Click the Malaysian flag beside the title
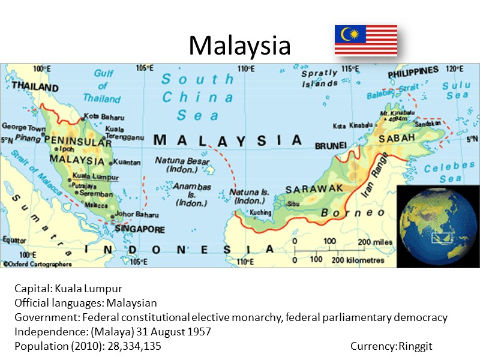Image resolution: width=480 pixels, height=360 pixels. pyautogui.click(x=366, y=40)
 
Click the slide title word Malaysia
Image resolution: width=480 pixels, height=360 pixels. pyautogui.click(x=239, y=45)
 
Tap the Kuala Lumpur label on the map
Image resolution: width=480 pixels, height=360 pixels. pyautogui.click(x=95, y=176)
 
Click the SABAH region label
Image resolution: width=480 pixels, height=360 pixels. pyautogui.click(x=396, y=139)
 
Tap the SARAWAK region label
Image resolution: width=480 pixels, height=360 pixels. pyautogui.click(x=314, y=189)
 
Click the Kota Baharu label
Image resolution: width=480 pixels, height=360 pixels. pyautogui.click(x=104, y=116)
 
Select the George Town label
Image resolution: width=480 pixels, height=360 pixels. pyautogui.click(x=23, y=127)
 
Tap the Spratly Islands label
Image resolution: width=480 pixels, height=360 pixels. pyautogui.click(x=319, y=78)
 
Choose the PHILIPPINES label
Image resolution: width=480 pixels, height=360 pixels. pyautogui.click(x=413, y=71)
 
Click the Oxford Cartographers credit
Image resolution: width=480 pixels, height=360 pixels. pyautogui.click(x=37, y=263)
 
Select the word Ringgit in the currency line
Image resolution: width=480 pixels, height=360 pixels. pyautogui.click(x=415, y=346)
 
